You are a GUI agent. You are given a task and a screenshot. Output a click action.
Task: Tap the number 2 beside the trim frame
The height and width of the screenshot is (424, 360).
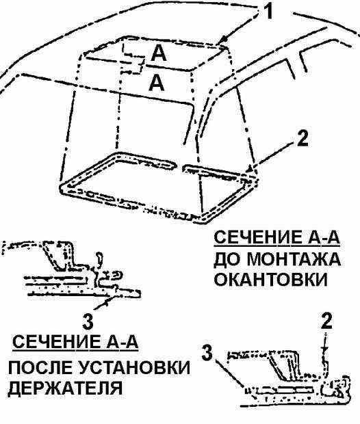click(303, 139)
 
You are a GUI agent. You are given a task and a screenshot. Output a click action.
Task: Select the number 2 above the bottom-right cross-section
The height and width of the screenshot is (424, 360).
click(326, 321)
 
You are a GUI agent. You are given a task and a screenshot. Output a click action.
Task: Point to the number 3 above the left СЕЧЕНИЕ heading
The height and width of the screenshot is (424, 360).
click(88, 321)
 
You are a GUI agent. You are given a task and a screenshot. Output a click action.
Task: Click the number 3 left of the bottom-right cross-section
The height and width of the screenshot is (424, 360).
click(207, 352)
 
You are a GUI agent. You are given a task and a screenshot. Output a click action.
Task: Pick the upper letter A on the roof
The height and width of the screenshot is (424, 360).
click(159, 53)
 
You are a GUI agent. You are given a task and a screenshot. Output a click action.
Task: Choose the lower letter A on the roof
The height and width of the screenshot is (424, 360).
click(156, 83)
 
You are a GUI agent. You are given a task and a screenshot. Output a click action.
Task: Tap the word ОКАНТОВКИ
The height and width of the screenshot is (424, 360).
click(270, 280)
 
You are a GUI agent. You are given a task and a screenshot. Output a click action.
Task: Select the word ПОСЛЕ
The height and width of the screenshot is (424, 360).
click(40, 368)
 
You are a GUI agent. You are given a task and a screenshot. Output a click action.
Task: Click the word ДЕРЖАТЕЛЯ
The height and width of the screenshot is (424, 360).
click(65, 388)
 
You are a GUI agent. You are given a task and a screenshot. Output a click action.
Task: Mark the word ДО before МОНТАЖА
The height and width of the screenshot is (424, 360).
click(227, 260)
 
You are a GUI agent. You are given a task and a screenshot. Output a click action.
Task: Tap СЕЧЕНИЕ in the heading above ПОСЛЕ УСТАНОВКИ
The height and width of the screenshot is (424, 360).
click(56, 342)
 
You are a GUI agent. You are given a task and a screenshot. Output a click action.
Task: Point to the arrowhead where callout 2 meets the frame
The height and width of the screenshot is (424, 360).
click(250, 170)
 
